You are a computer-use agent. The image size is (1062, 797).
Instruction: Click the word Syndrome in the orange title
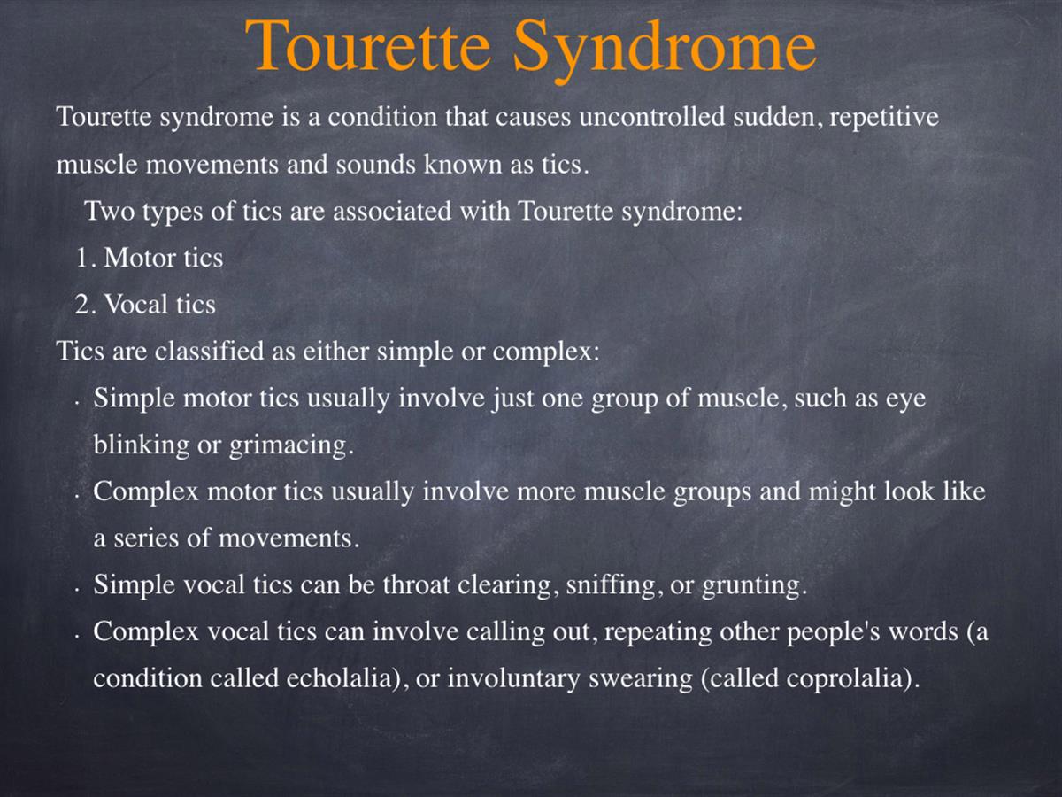click(665, 50)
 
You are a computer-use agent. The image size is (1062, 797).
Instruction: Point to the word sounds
click(376, 164)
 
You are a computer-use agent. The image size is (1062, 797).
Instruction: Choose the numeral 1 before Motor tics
click(82, 258)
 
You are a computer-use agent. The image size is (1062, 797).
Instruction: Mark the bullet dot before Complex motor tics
click(77, 497)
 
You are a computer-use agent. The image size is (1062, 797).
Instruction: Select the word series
click(146, 538)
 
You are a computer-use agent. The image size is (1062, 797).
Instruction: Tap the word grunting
click(750, 585)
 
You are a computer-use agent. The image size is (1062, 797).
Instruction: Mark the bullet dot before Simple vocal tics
click(77, 591)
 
